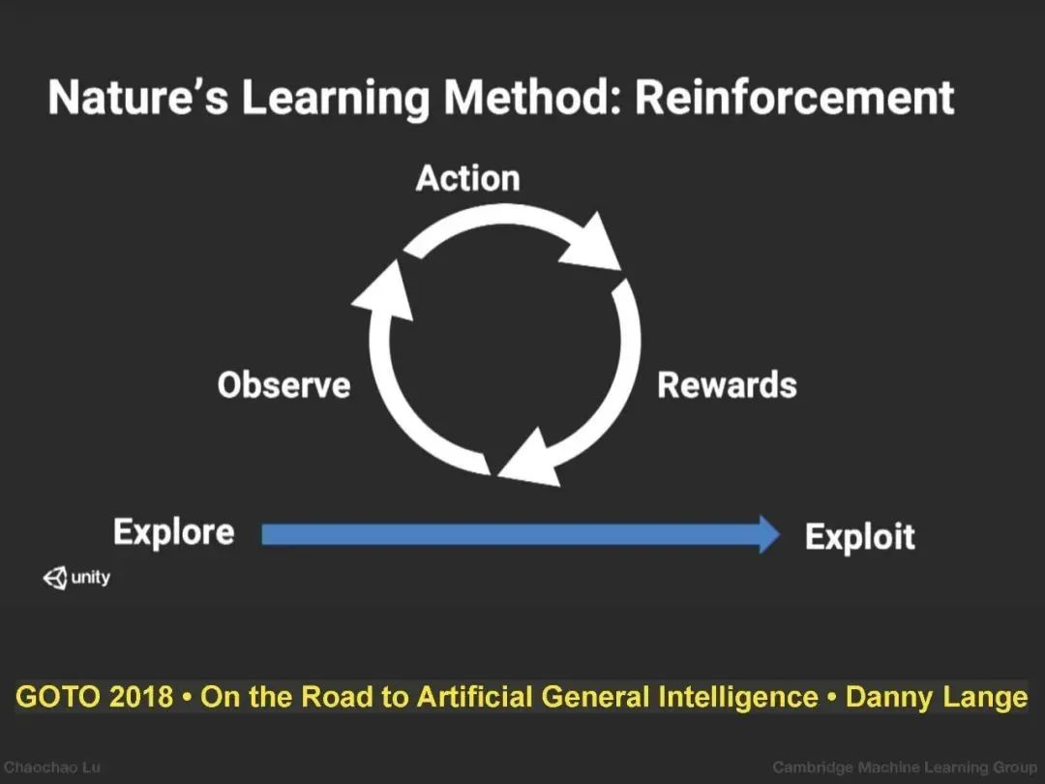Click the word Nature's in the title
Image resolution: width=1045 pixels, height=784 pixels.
(138, 98)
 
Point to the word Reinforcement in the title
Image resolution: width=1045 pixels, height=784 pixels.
(794, 98)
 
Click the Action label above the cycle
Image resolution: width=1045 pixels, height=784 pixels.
(468, 178)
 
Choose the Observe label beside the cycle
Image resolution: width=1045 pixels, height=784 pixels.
(284, 385)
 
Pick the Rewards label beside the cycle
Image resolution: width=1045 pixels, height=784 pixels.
(727, 384)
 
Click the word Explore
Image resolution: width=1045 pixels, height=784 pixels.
(174, 532)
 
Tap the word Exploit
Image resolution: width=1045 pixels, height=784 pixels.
(860, 537)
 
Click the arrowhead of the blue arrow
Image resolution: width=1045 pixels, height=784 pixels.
(768, 534)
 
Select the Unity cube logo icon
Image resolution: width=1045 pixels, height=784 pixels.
(55, 577)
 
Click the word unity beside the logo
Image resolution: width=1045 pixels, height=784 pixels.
(91, 577)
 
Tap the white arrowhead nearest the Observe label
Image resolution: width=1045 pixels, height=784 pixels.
(384, 290)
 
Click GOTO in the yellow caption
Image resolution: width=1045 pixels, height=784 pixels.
(57, 697)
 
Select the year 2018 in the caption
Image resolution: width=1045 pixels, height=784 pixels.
(140, 697)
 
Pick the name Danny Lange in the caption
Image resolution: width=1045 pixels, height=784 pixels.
(937, 698)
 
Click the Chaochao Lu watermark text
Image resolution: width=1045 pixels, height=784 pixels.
(52, 768)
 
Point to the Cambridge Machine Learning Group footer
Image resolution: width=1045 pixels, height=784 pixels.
(905, 768)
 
